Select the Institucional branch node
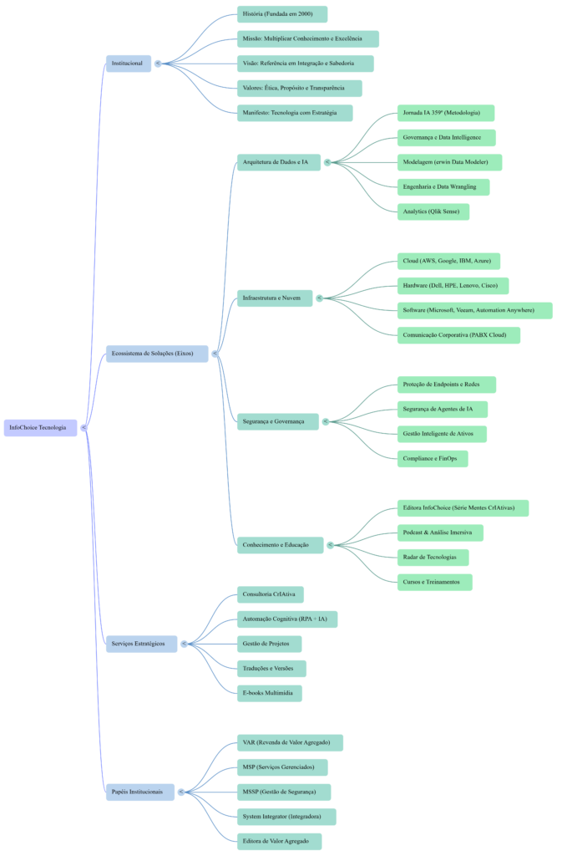(x=128, y=64)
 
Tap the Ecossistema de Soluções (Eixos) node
(x=155, y=354)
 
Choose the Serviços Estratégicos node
(x=140, y=644)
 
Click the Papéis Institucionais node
(x=139, y=792)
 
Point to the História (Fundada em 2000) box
(x=281, y=14)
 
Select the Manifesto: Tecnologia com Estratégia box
(x=294, y=113)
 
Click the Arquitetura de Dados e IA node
(x=278, y=162)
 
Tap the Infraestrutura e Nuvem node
(x=274, y=298)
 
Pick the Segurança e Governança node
(x=277, y=421)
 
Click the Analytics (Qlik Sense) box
(x=433, y=211)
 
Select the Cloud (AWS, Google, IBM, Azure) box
(x=448, y=261)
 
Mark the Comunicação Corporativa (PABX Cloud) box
(x=458, y=335)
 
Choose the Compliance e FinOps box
(x=432, y=459)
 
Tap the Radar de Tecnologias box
(x=432, y=558)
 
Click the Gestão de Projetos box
(x=269, y=644)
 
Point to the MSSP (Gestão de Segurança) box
(x=283, y=792)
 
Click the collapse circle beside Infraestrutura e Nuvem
(x=320, y=298)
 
